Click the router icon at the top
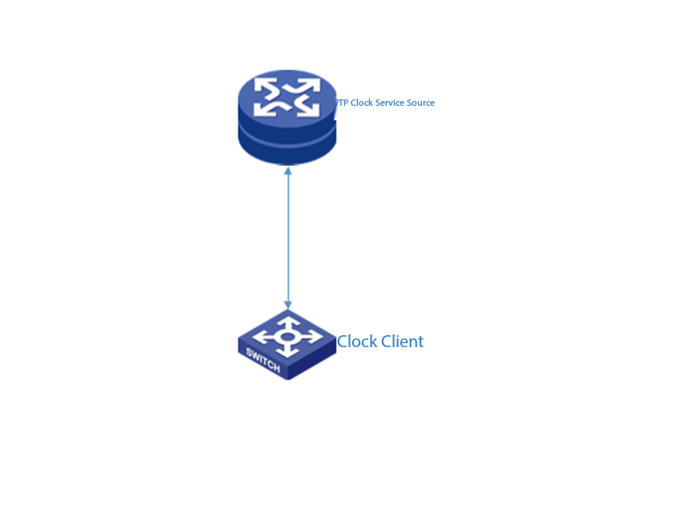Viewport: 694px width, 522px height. [286, 116]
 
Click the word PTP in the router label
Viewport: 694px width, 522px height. [341, 103]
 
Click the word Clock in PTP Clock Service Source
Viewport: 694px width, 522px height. [362, 103]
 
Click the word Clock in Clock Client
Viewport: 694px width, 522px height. [357, 342]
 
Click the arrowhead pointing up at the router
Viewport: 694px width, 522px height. [287, 171]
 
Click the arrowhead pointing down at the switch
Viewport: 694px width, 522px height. [287, 305]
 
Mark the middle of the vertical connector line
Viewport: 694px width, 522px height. [287, 237]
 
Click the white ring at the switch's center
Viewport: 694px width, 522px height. [286, 335]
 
